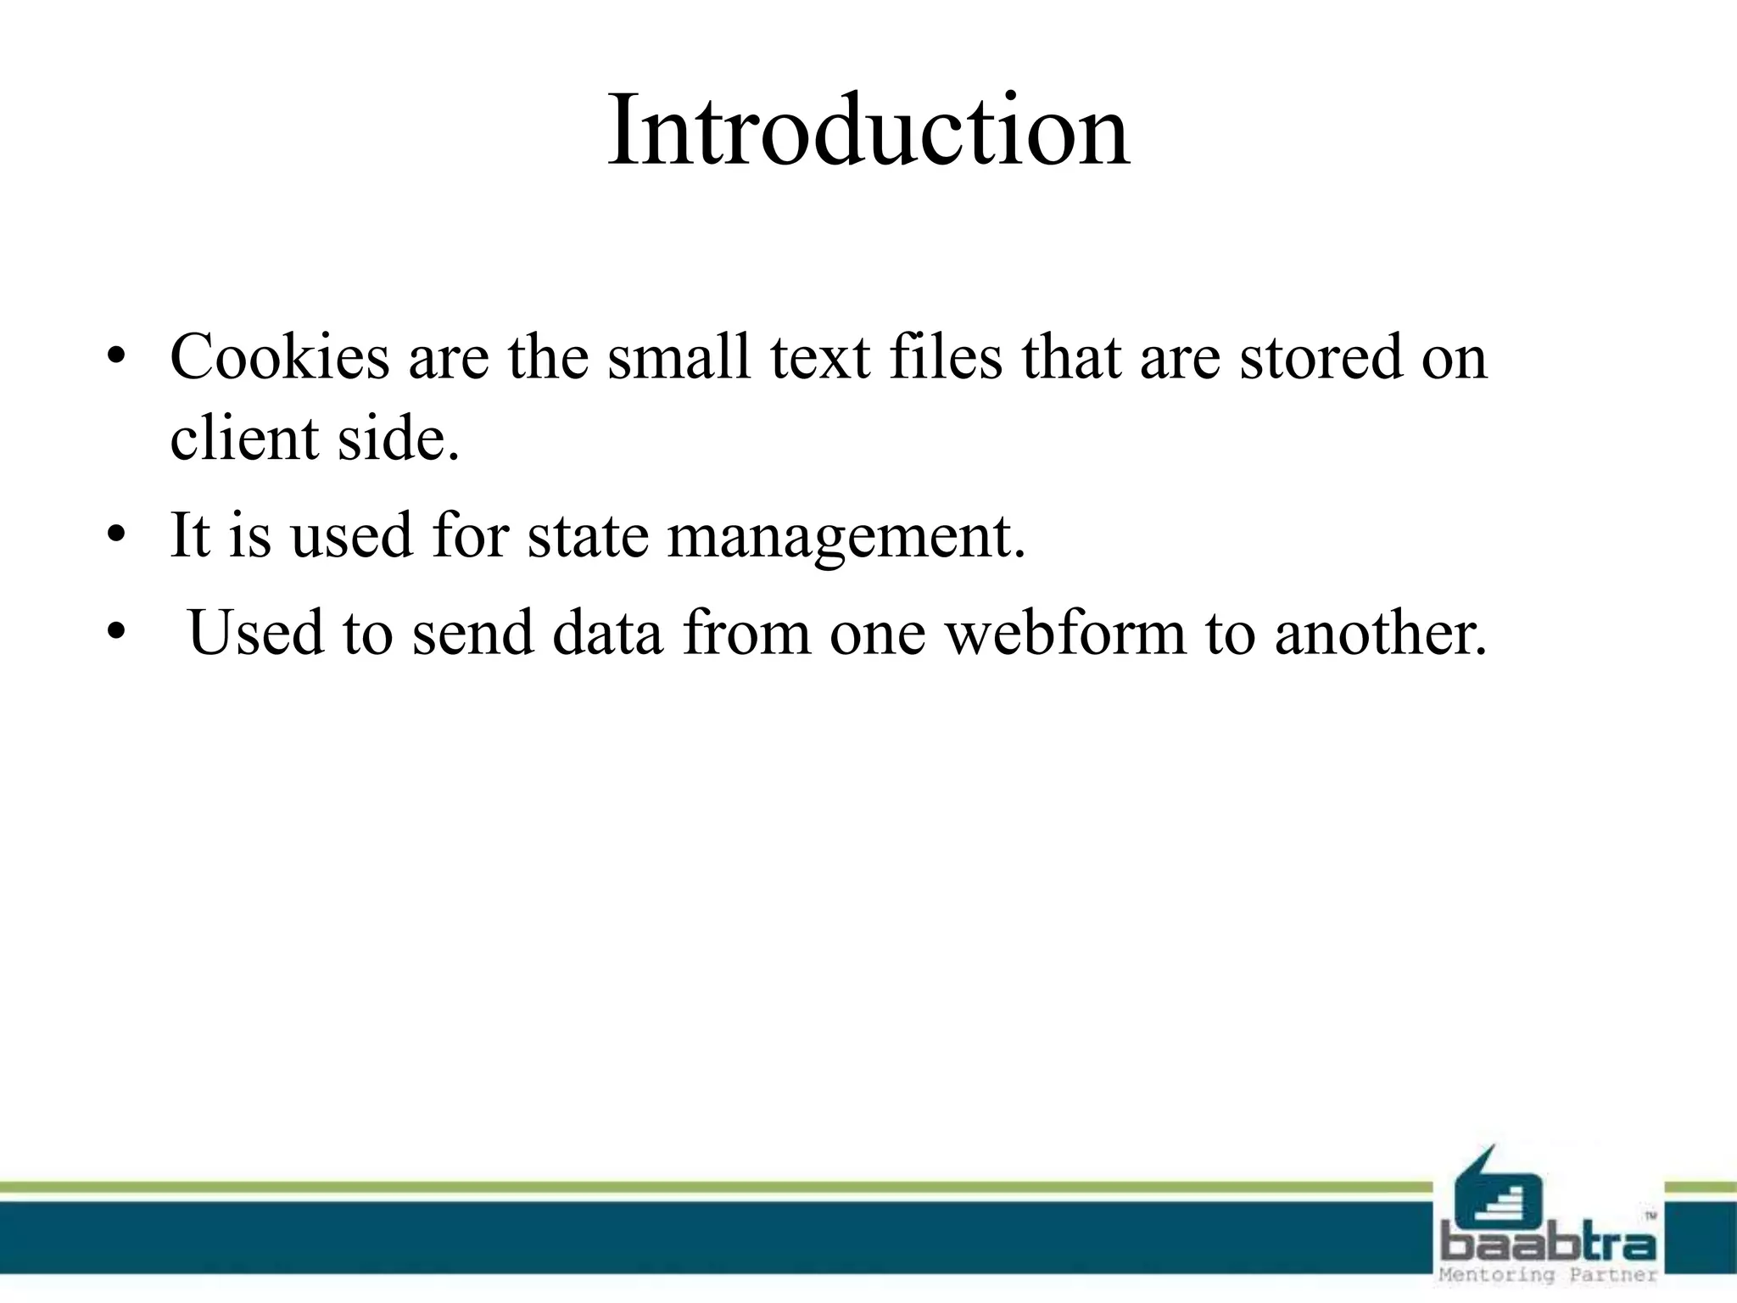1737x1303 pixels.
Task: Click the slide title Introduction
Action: pos(868,132)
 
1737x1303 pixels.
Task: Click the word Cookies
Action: pos(279,357)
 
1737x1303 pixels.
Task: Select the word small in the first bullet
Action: pos(679,357)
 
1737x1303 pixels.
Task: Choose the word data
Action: pos(607,633)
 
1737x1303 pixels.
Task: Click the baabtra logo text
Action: pos(1549,1245)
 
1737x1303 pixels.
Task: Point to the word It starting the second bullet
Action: pos(190,536)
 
